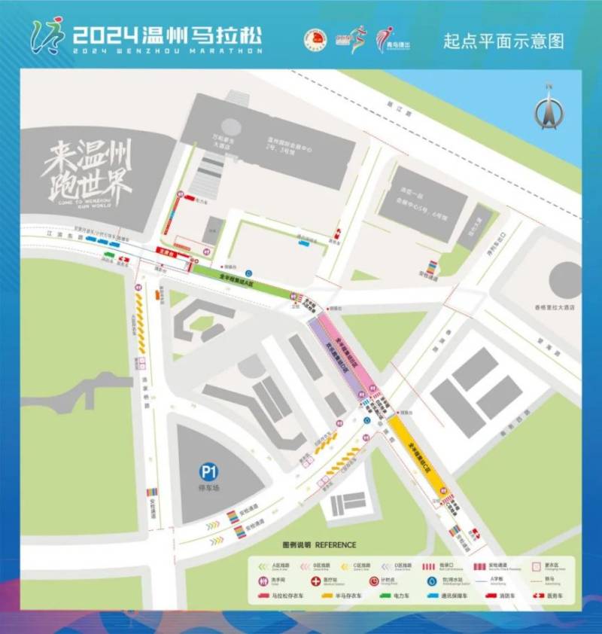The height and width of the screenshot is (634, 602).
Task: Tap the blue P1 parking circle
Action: pyautogui.click(x=208, y=473)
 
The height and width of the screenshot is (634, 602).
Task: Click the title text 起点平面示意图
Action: pyautogui.click(x=504, y=41)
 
